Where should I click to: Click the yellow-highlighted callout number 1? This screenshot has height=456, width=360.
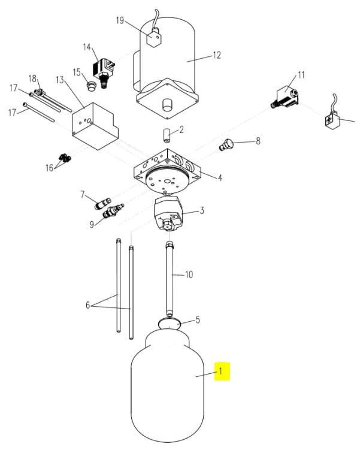(x=220, y=371)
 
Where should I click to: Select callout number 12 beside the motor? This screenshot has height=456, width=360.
(x=217, y=55)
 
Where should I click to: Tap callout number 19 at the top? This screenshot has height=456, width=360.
(x=120, y=20)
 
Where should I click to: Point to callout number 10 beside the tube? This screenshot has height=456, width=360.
(x=189, y=274)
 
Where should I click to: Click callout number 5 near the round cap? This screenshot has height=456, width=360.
(x=198, y=320)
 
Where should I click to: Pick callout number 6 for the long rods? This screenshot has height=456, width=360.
(x=88, y=305)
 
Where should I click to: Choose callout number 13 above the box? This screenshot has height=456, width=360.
(x=60, y=80)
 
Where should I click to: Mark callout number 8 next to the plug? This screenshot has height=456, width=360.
(x=258, y=141)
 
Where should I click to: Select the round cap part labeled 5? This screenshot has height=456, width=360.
(x=170, y=323)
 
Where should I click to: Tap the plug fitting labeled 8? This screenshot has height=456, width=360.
(x=226, y=144)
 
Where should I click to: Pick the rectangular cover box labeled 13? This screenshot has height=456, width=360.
(x=95, y=126)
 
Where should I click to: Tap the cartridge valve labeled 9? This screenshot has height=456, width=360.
(x=113, y=211)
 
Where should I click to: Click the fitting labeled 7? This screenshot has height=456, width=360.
(x=102, y=203)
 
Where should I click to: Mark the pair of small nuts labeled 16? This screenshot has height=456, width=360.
(x=65, y=159)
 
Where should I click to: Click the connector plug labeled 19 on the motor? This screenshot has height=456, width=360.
(x=154, y=37)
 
